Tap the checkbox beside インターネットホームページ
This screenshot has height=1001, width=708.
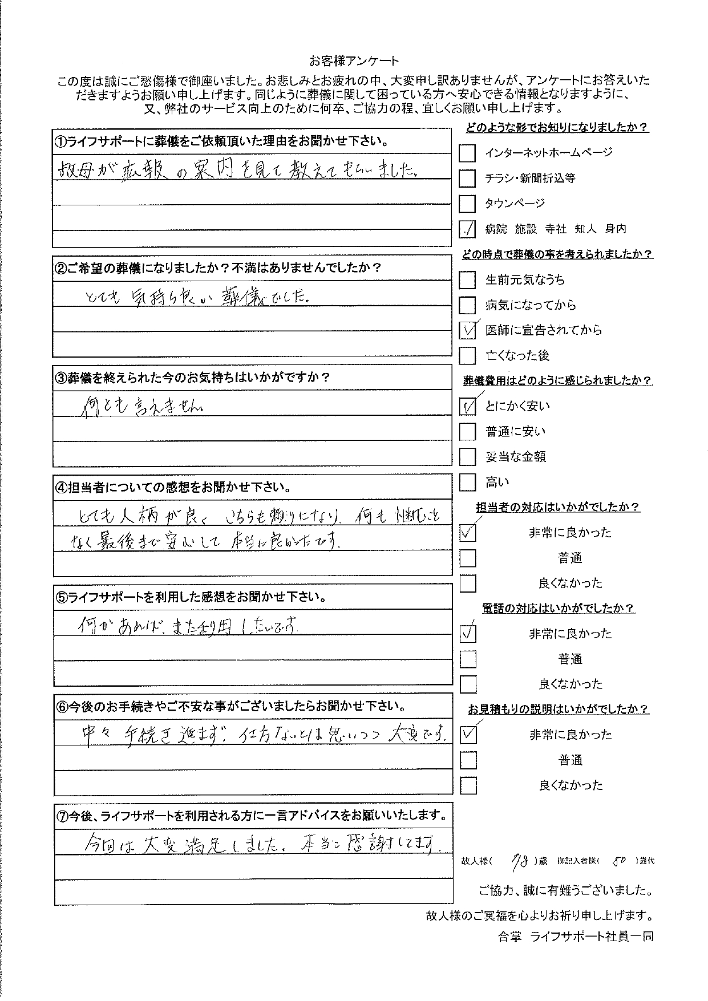[467, 153]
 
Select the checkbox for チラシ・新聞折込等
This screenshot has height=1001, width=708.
[467, 179]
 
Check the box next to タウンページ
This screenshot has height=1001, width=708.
[467, 204]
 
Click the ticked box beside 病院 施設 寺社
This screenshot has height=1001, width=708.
[467, 229]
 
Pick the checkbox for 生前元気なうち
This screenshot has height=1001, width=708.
[467, 280]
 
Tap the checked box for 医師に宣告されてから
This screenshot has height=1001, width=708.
[467, 330]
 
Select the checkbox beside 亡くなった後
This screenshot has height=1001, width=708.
[467, 356]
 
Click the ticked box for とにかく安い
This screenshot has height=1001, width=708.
[467, 406]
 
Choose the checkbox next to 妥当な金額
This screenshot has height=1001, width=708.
[467, 457]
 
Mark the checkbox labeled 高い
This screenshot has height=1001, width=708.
[467, 483]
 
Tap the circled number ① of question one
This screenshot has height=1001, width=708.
[61, 141]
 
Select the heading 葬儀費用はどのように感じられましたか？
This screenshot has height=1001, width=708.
[557, 381]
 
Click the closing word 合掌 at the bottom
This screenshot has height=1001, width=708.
[509, 937]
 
